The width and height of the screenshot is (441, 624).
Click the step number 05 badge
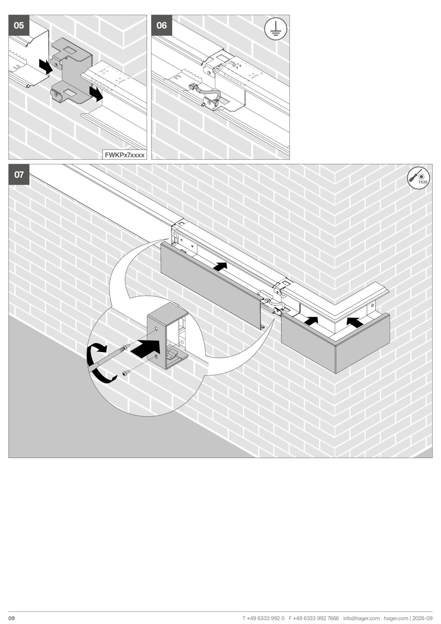pos(19,25)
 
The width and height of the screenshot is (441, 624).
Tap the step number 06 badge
pos(162,25)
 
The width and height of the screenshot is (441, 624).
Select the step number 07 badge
pos(19,175)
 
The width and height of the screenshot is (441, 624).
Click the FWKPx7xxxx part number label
pos(125,155)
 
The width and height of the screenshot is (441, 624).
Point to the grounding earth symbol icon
pos(276,29)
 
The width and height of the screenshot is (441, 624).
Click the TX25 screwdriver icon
pos(418,178)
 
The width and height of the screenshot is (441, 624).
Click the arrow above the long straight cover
pos(220,267)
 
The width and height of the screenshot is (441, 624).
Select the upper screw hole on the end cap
pos(156,328)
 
